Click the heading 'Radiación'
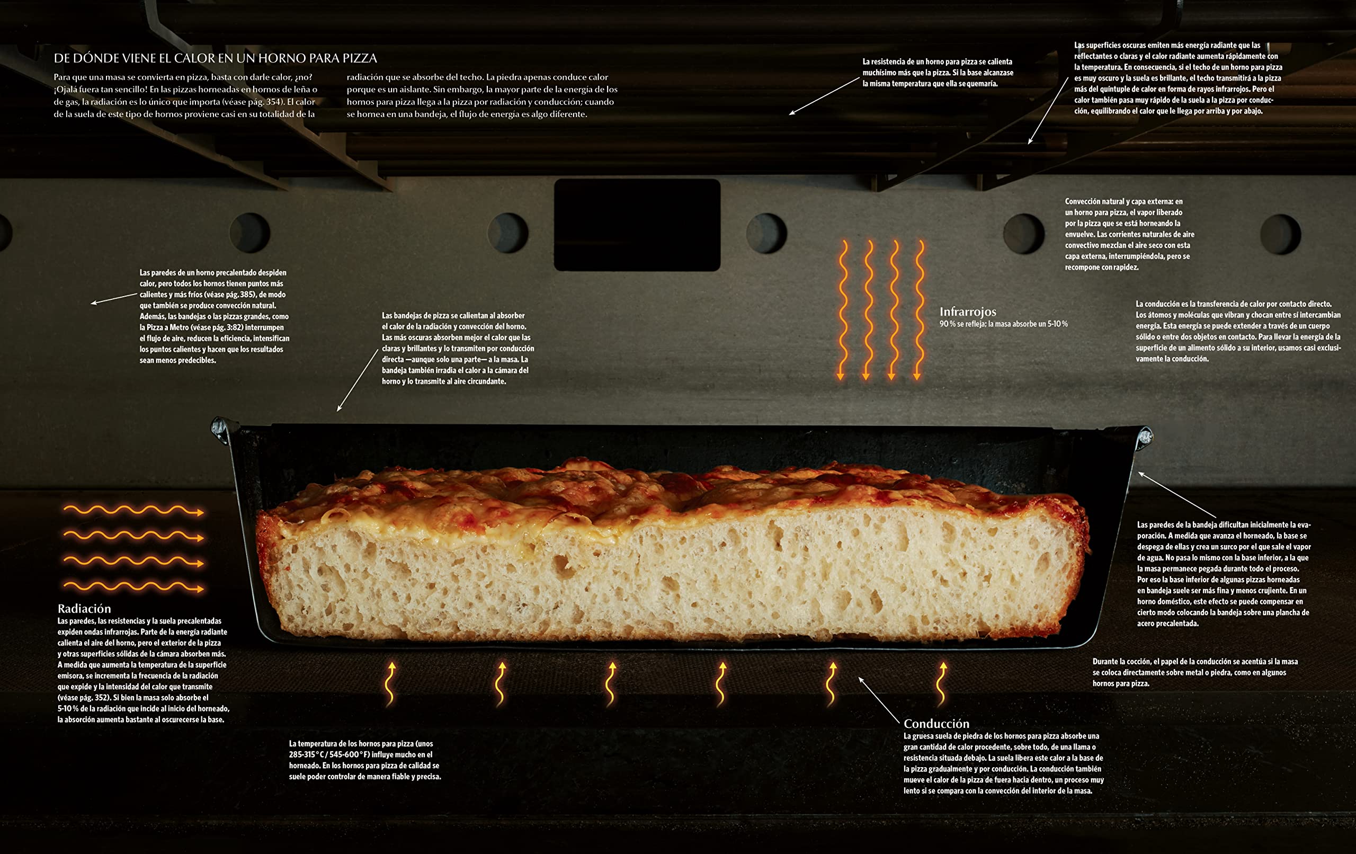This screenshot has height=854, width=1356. (84, 608)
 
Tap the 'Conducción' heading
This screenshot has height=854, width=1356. (936, 723)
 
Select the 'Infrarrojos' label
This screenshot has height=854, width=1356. (967, 312)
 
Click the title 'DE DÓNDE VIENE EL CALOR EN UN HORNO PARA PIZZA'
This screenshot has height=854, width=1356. (215, 58)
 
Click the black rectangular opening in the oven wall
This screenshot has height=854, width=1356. (637, 225)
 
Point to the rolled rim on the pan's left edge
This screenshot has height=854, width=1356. (220, 429)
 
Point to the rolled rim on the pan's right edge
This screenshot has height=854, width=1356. (1144, 438)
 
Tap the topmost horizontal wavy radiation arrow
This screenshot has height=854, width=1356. (133, 511)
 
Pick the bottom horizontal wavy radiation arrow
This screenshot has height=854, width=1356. (133, 588)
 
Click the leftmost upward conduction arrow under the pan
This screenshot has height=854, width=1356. (390, 684)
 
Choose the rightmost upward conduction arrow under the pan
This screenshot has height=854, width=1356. (942, 684)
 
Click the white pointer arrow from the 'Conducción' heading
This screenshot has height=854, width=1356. (879, 700)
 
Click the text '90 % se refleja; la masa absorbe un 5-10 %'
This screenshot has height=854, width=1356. (1003, 324)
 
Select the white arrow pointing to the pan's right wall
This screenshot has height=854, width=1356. (1177, 495)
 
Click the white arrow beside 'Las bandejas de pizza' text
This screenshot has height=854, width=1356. (358, 380)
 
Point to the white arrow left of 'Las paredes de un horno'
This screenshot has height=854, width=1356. (114, 298)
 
